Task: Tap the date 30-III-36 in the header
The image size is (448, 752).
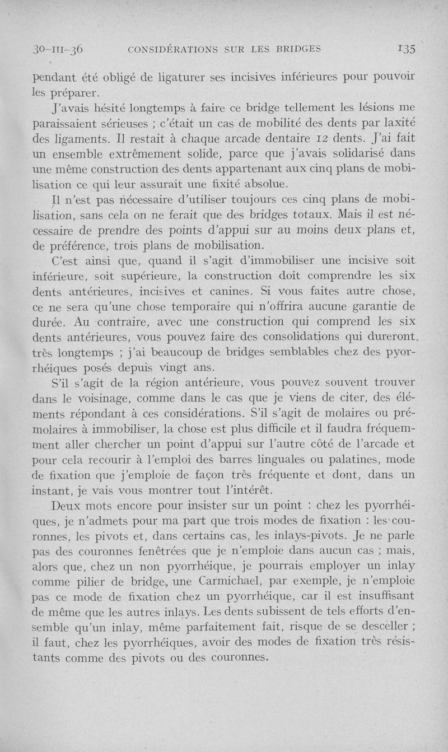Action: (x=58, y=48)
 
